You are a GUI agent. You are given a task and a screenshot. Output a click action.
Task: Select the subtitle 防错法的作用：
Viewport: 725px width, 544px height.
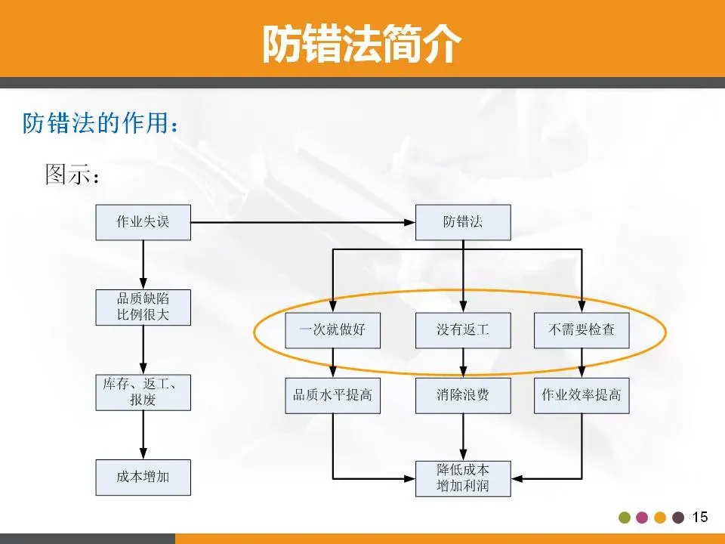[x=101, y=123]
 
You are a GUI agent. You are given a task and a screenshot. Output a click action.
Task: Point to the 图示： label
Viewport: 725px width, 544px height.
[x=72, y=175]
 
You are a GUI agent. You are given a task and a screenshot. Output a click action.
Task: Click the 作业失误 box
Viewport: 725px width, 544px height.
[x=143, y=222]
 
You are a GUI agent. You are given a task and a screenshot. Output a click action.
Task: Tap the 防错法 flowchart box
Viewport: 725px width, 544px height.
[x=463, y=222]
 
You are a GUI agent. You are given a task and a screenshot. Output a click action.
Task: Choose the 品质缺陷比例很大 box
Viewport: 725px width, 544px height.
[x=143, y=308]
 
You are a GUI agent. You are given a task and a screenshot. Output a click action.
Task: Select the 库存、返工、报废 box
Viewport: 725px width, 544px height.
[x=143, y=392]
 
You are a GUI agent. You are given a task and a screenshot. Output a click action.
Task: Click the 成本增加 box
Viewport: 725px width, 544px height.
[x=143, y=478]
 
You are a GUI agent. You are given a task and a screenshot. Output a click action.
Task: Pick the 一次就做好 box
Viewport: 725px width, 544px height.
[x=332, y=330]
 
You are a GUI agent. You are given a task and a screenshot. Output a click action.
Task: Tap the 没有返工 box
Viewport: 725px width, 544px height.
[x=463, y=330]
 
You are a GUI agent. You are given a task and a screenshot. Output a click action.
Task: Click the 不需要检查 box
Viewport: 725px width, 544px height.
[x=582, y=330]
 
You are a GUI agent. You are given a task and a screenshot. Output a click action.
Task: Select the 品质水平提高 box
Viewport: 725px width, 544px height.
[x=332, y=395]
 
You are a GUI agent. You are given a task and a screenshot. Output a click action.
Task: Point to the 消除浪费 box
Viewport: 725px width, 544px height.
[x=463, y=395]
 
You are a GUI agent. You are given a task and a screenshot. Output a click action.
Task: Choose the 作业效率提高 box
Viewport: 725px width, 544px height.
[x=582, y=395]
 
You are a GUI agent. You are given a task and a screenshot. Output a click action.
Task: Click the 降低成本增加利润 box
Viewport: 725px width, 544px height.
[x=463, y=478]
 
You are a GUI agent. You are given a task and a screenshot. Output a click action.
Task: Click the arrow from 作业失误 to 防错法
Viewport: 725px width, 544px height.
[x=302, y=222]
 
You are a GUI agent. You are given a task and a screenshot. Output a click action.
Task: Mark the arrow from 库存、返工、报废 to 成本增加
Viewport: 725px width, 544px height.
[x=143, y=435]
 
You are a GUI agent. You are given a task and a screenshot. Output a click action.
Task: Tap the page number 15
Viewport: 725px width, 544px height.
[x=700, y=517]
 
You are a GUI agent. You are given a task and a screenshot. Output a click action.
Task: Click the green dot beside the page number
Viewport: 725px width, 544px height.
[x=625, y=518]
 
